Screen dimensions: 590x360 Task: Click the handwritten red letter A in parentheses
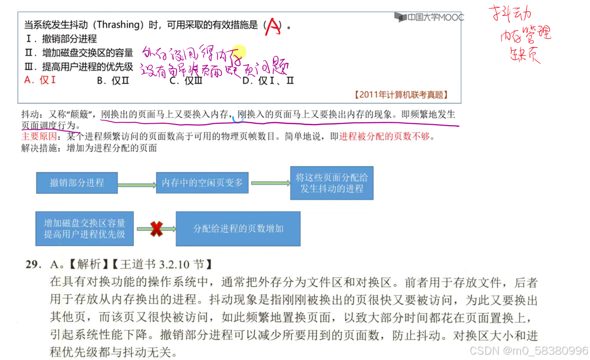[273, 26]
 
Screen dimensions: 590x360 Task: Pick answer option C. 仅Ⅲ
[185, 81]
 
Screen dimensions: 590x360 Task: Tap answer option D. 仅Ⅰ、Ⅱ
[268, 81]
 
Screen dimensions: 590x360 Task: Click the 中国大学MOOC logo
[429, 17]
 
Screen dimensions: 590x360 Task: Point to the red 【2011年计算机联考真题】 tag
[401, 95]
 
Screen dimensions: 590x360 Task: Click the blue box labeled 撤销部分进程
[77, 183]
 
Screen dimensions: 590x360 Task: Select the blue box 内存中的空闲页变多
[202, 183]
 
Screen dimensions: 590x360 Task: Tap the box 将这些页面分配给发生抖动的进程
[332, 183]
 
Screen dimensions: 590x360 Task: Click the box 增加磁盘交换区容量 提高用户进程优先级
[84, 228]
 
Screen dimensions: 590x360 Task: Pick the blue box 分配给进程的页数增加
[238, 229]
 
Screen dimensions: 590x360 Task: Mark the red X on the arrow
[156, 229]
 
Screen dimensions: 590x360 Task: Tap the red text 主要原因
[39, 137]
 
